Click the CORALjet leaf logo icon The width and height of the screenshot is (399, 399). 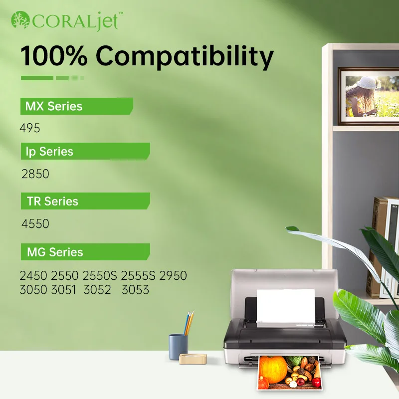click(x=20, y=19)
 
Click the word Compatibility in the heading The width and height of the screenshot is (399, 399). click(x=185, y=56)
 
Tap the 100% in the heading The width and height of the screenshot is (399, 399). click(x=54, y=55)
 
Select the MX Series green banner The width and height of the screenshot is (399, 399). click(x=77, y=106)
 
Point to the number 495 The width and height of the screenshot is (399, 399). click(x=30, y=128)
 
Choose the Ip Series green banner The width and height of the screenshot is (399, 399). click(x=85, y=151)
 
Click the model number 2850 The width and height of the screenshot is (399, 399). click(x=35, y=174)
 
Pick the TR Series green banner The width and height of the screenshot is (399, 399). click(x=85, y=201)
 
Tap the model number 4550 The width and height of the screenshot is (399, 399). click(x=35, y=223)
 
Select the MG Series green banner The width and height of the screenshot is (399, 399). click(x=85, y=252)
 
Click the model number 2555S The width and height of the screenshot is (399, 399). click(x=138, y=276)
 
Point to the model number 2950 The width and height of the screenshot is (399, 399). click(x=173, y=276)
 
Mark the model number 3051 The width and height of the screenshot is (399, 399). click(x=64, y=290)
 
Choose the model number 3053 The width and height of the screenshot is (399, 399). click(x=135, y=290)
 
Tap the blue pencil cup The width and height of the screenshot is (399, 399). click(x=178, y=347)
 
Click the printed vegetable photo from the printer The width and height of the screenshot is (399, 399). click(x=289, y=372)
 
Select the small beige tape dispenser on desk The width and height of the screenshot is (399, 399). click(x=193, y=358)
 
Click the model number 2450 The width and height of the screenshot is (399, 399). click(x=33, y=276)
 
